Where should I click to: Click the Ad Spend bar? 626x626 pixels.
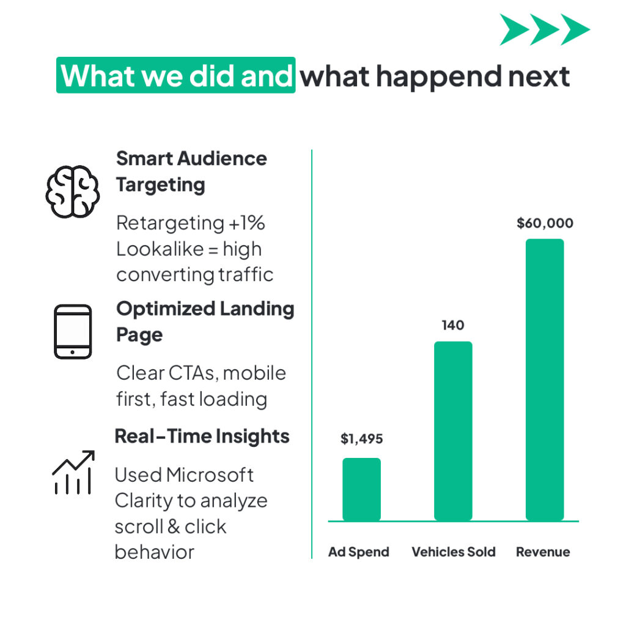(361, 490)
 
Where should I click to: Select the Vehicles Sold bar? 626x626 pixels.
(453, 431)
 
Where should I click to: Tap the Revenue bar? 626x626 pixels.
(545, 380)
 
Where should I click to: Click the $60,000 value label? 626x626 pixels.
(545, 223)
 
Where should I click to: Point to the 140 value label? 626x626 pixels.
(453, 325)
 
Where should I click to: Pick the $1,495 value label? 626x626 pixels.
(362, 439)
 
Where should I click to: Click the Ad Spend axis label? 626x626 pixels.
(358, 552)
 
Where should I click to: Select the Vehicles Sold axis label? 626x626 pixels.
(454, 552)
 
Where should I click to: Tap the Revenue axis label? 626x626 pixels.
(543, 552)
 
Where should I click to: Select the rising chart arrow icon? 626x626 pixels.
(73, 473)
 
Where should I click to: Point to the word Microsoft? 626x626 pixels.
(210, 475)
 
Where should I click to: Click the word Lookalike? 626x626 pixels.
(160, 249)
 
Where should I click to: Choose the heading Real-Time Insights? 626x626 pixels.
(202, 436)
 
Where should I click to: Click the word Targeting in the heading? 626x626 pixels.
(161, 186)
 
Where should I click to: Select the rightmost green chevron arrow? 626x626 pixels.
(575, 29)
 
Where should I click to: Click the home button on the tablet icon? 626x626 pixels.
(72, 352)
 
